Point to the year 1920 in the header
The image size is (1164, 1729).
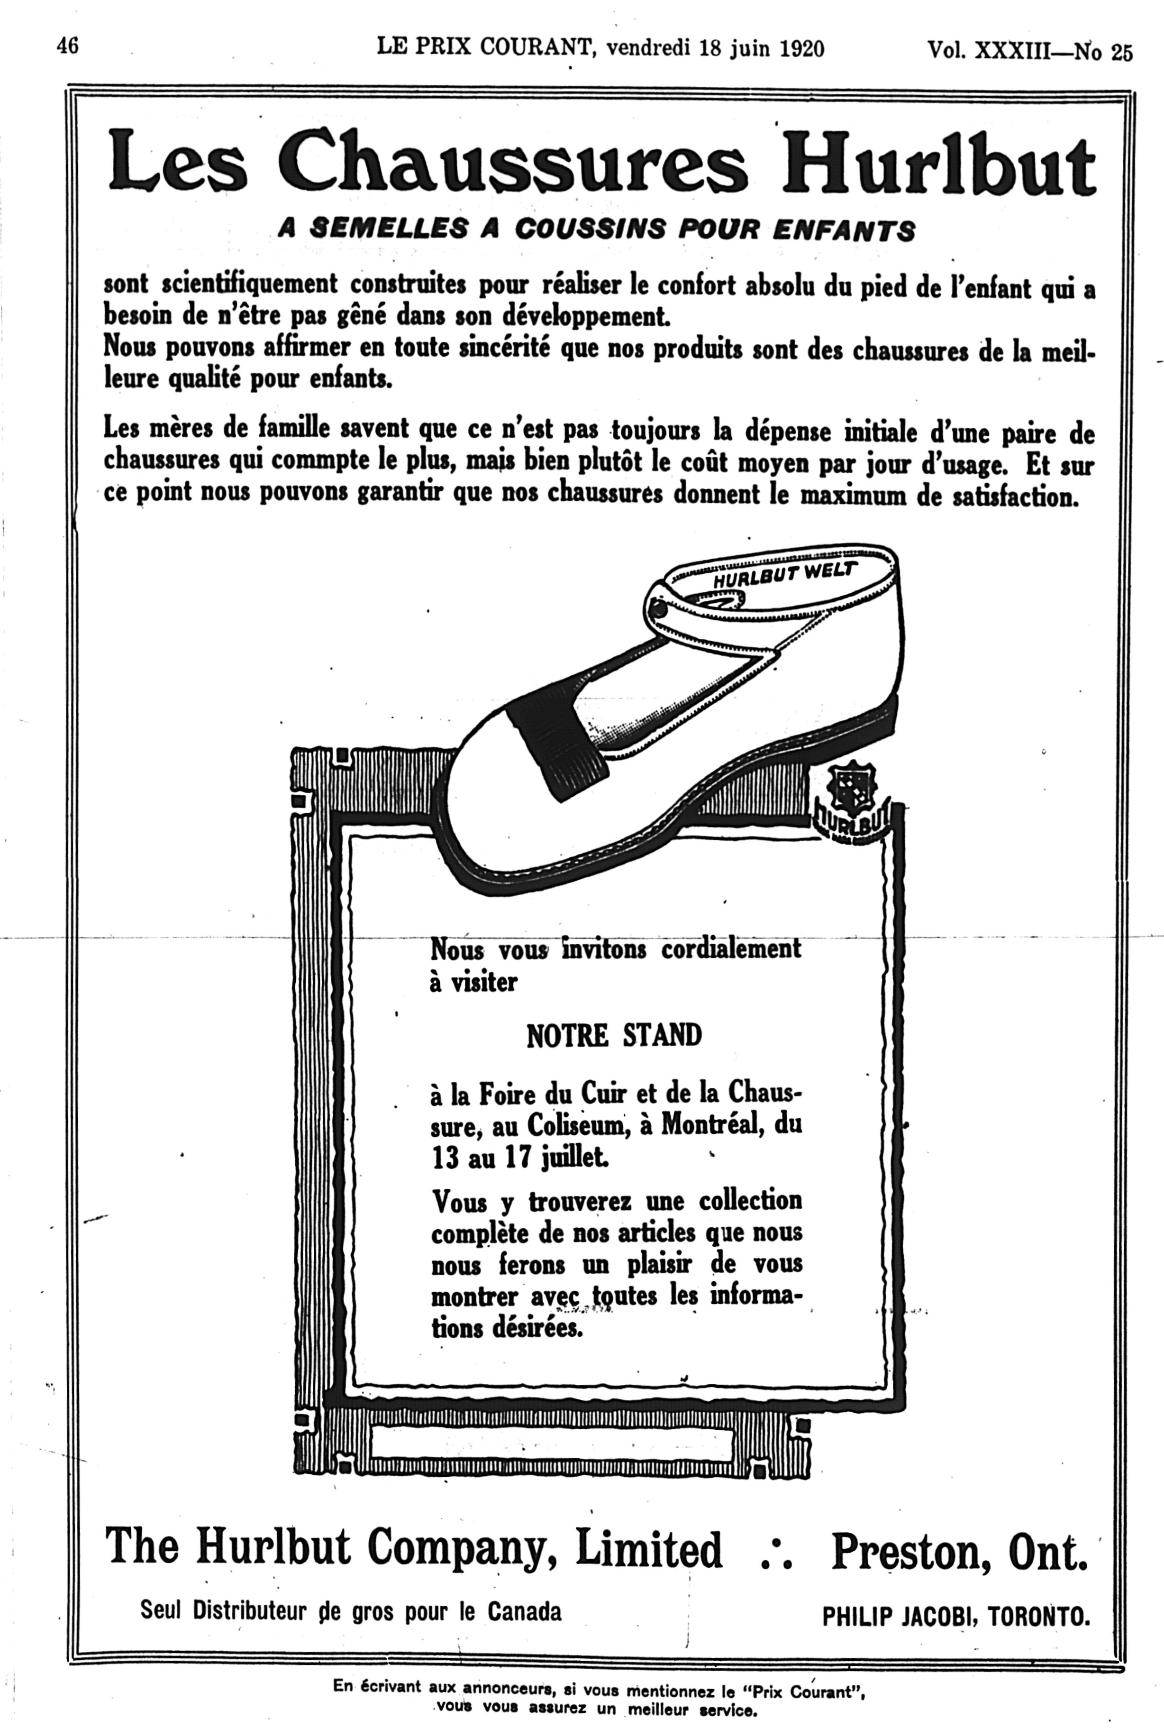coord(802,48)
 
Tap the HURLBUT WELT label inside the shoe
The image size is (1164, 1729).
coord(785,575)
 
